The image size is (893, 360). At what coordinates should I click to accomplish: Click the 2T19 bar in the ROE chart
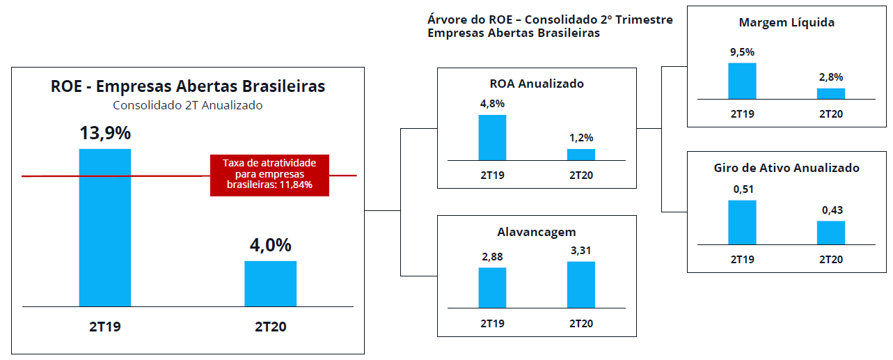click(x=105, y=228)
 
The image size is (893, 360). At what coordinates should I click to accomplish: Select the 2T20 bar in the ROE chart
click(x=270, y=284)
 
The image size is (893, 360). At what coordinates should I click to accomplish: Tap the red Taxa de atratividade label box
click(x=269, y=175)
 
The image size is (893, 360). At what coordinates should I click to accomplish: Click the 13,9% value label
click(x=105, y=133)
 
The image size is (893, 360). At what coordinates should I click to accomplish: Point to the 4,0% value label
click(x=271, y=245)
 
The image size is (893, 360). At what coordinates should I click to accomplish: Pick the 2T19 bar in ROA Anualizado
click(x=492, y=138)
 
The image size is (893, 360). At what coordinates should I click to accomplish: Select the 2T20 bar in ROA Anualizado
click(x=581, y=155)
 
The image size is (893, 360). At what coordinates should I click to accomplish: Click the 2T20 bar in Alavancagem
click(x=581, y=285)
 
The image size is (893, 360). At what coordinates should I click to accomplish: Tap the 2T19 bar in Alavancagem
click(x=492, y=288)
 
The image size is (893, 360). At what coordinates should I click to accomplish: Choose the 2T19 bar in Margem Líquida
click(x=742, y=81)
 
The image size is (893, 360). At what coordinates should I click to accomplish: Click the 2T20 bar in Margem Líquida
click(x=831, y=94)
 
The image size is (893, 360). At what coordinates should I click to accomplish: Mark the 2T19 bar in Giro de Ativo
click(x=742, y=222)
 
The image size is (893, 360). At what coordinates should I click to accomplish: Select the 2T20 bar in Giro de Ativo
click(x=831, y=233)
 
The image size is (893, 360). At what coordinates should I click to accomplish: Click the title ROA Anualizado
click(x=537, y=84)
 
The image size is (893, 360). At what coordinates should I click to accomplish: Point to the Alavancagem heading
click(x=537, y=232)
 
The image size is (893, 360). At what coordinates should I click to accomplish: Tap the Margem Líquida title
click(x=787, y=23)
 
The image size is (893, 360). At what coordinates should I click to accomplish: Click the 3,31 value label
click(x=581, y=251)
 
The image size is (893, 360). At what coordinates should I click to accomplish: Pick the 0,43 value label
click(x=832, y=210)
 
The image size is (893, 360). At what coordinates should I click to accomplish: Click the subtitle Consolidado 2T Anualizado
click(x=188, y=105)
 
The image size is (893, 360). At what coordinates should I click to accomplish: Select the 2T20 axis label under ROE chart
click(x=271, y=327)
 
